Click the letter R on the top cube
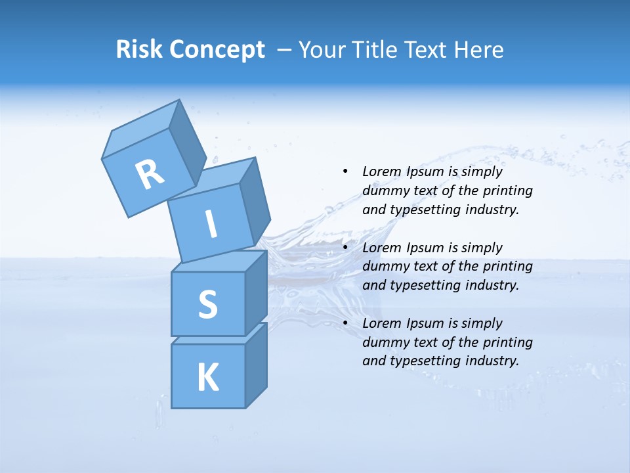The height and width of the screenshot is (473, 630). [150, 174]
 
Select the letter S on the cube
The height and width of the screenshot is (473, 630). [207, 304]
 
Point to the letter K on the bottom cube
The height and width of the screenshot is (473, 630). [207, 378]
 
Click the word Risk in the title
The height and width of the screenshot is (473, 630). [140, 50]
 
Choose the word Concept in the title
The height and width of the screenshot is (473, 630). [217, 50]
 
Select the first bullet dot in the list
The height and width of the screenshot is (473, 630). [345, 171]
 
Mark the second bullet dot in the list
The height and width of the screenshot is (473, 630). [345, 248]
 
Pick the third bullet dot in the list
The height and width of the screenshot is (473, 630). [345, 323]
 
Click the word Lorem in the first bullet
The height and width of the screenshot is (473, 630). [381, 171]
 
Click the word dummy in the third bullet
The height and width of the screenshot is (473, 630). [383, 342]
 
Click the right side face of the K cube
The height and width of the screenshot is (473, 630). [256, 366]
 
